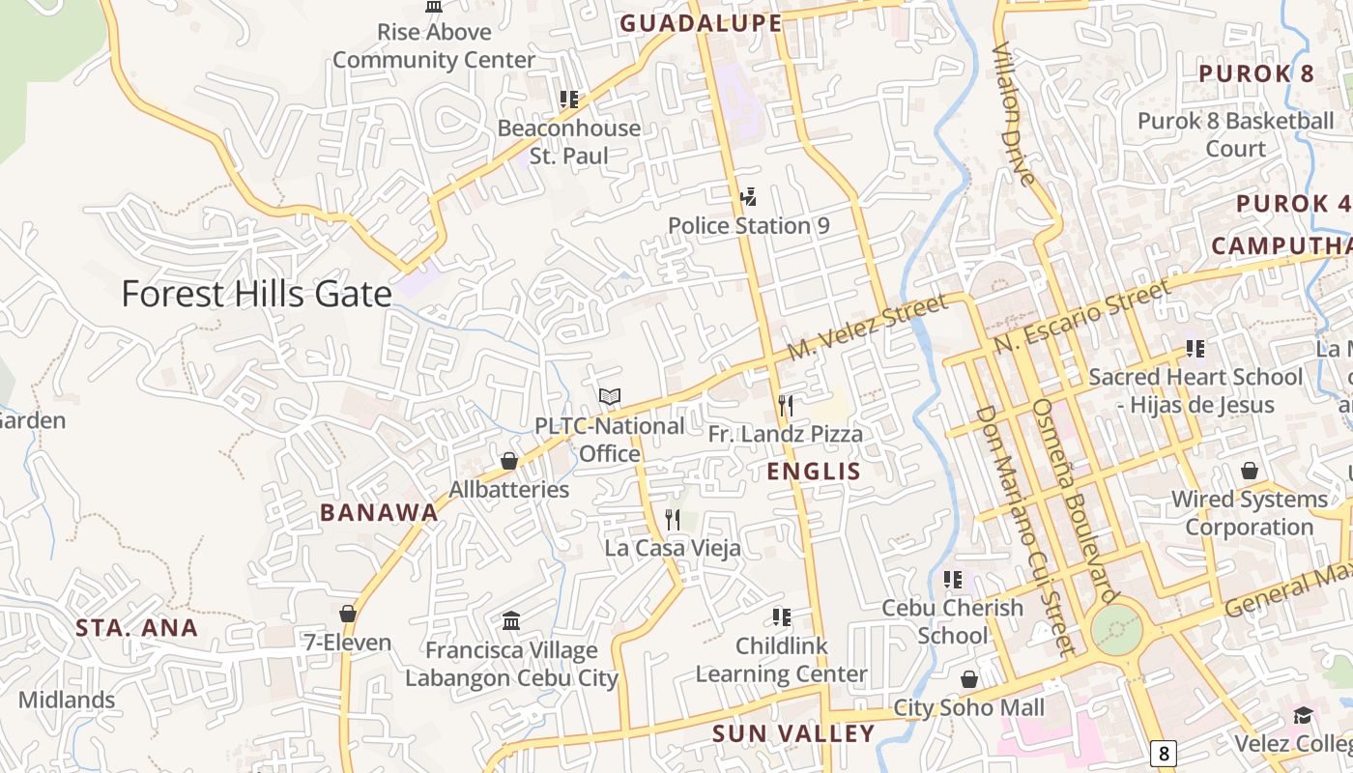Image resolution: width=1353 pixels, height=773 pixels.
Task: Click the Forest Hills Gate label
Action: (x=256, y=294)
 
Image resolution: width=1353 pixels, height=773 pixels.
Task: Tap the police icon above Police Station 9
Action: (x=748, y=198)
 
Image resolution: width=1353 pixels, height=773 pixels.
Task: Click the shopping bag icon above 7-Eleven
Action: (x=348, y=615)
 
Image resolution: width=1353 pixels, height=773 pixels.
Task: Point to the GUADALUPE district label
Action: (x=701, y=23)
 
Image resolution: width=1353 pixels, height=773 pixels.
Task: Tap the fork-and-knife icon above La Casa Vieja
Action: (x=673, y=520)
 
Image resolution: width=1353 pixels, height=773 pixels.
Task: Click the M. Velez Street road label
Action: (x=867, y=329)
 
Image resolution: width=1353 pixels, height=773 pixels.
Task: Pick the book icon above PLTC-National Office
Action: (x=609, y=397)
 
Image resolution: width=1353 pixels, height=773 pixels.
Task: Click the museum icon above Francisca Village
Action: (x=511, y=620)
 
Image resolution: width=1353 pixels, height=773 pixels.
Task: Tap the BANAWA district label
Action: (x=379, y=513)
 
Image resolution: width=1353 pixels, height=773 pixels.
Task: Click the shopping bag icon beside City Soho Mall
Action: (x=969, y=680)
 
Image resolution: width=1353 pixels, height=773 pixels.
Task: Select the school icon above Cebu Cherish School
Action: (x=953, y=580)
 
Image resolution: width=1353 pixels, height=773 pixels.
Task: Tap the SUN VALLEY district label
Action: (x=793, y=733)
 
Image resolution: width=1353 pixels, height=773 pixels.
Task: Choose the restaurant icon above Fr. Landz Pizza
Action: (x=785, y=406)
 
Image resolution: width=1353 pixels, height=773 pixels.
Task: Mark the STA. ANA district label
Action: (x=137, y=628)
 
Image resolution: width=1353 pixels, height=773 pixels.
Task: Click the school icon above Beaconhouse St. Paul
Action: (x=569, y=100)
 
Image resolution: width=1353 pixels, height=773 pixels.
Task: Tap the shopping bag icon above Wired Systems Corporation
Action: (x=1250, y=472)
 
